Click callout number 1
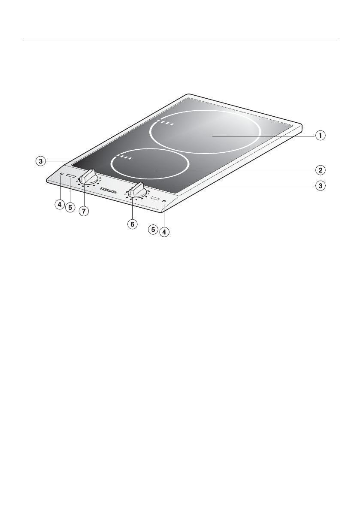pyautogui.click(x=320, y=135)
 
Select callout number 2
pyautogui.click(x=320, y=170)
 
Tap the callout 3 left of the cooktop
pyautogui.click(x=40, y=161)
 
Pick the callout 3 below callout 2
pyautogui.click(x=320, y=186)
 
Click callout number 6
pyautogui.click(x=132, y=224)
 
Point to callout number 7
pyautogui.click(x=84, y=211)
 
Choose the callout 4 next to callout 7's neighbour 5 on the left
pyautogui.click(x=59, y=205)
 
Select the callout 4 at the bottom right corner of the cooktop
pyautogui.click(x=164, y=232)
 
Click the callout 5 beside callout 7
pyautogui.click(x=70, y=207)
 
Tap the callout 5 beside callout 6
pyautogui.click(x=153, y=230)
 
